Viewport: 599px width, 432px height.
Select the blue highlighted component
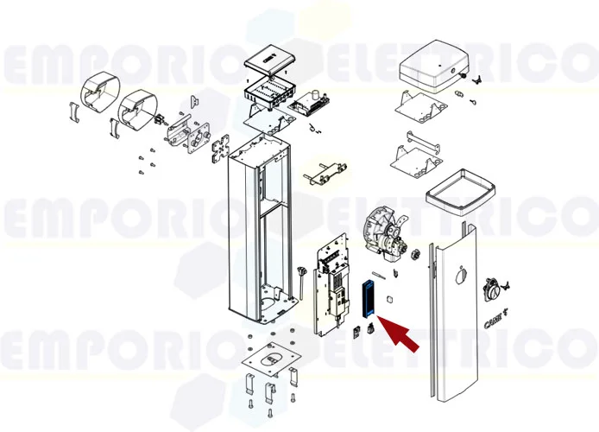(x=369, y=298)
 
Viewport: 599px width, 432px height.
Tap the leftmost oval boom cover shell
(x=96, y=94)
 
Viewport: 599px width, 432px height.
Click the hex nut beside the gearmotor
(x=414, y=254)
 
